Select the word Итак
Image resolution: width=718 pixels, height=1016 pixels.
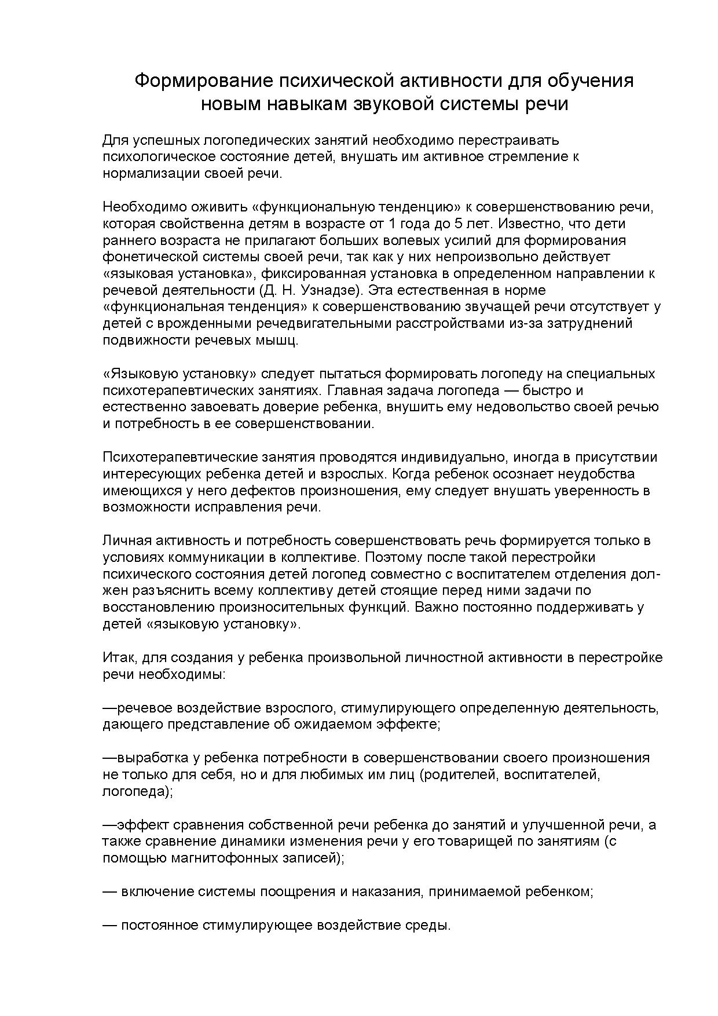(119, 657)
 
